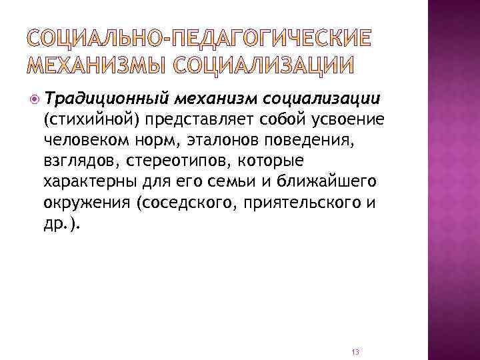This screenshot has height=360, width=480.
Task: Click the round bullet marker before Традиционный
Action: pyautogui.click(x=34, y=99)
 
